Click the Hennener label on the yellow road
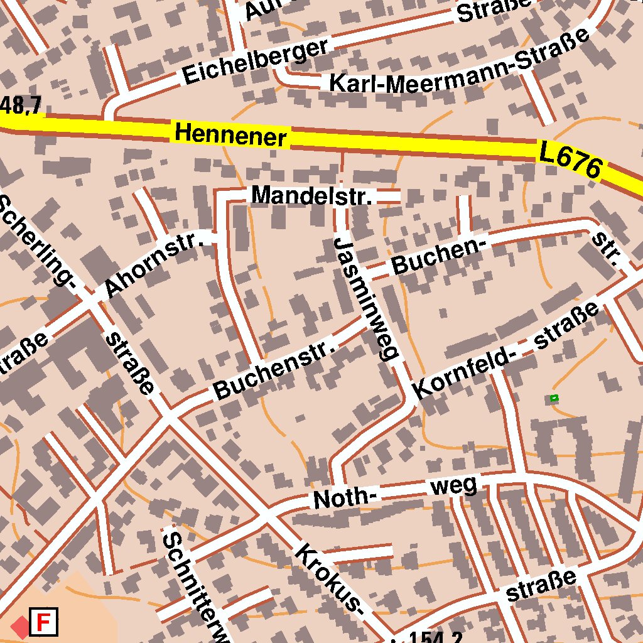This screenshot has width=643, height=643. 230,134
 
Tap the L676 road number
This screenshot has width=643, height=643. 570,160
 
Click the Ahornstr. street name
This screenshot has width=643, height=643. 154,264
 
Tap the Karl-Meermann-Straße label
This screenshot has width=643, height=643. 458,63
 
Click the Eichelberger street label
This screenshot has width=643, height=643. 255,62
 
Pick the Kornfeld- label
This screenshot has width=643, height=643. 465,374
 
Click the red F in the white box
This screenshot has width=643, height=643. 44,622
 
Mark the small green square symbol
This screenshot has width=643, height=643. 554,397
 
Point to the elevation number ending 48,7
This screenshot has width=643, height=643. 21,105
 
